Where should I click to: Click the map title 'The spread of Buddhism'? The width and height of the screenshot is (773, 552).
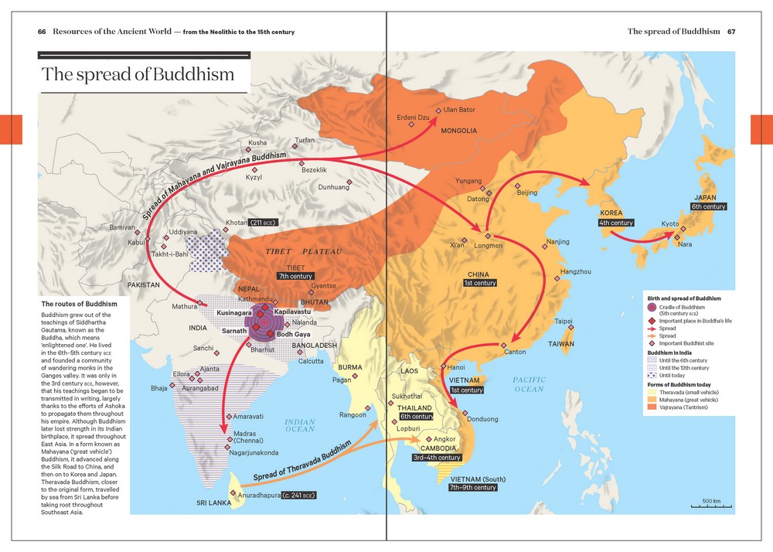[138, 75]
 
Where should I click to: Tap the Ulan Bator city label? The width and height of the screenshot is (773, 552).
[458, 110]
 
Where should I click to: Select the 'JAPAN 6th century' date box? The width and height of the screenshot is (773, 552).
[708, 206]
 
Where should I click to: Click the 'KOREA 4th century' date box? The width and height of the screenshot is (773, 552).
[615, 223]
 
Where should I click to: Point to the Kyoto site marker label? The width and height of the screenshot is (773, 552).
[670, 223]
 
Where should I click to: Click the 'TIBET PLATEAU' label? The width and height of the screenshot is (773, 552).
[304, 252]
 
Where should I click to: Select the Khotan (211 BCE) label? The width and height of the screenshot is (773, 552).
[250, 223]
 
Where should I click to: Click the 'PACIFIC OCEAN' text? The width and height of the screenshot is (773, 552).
[529, 384]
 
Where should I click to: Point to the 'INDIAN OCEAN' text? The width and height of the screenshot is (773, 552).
[300, 425]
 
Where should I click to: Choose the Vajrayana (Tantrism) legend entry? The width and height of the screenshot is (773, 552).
[683, 407]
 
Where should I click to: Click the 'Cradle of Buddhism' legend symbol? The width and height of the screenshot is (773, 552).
[652, 308]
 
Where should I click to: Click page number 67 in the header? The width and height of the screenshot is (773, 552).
[730, 32]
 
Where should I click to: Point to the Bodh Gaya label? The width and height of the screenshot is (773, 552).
[293, 334]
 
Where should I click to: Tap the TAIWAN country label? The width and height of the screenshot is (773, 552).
[562, 343]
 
